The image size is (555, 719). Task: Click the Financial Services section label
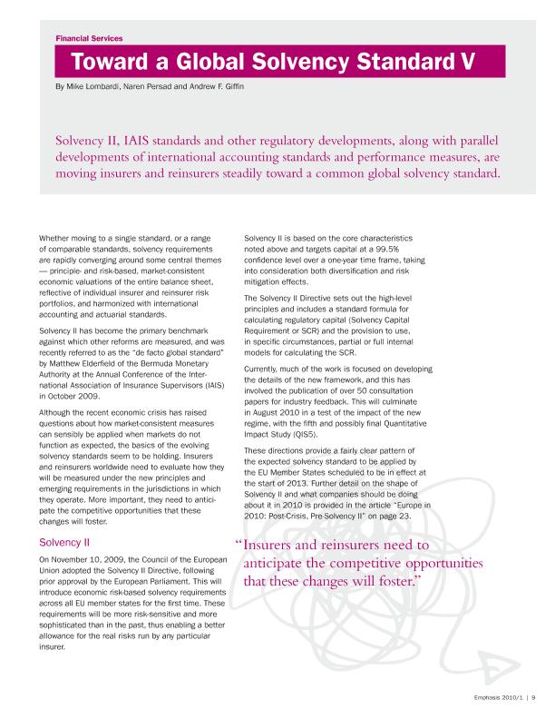(x=89, y=39)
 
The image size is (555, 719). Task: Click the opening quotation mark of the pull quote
(x=239, y=547)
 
